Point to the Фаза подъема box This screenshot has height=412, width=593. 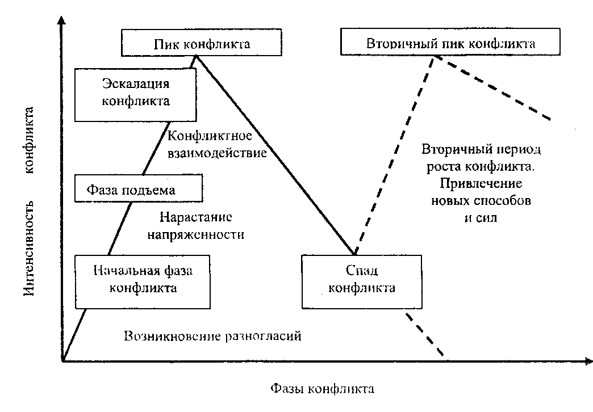click(x=139, y=188)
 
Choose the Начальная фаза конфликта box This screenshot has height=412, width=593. click(x=142, y=279)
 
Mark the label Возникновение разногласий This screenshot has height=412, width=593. click(x=211, y=335)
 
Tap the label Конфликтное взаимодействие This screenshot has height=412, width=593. click(x=218, y=144)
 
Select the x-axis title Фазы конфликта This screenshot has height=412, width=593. click(x=322, y=389)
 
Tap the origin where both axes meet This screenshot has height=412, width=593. click(x=62, y=360)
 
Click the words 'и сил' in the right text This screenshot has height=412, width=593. click(x=481, y=217)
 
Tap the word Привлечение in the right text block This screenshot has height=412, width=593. click(x=481, y=184)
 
